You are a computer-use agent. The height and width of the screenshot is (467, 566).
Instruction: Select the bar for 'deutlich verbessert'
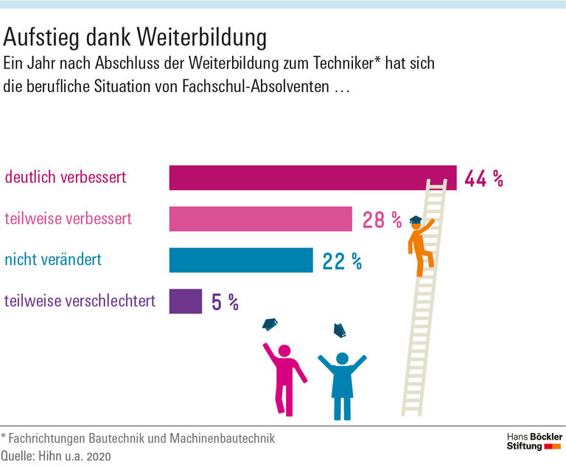coord(312,178)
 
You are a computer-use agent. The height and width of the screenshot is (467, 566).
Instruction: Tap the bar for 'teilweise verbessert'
coord(260,219)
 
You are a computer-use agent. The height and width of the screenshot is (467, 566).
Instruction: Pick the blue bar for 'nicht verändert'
coord(241,260)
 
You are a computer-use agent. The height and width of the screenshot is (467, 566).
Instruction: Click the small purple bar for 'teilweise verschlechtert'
coord(185,301)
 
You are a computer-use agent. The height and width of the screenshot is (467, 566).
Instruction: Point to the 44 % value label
coord(483,178)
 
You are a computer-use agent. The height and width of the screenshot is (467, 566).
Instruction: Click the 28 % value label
coord(382,220)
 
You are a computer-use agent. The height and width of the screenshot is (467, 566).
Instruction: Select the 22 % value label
coord(342,261)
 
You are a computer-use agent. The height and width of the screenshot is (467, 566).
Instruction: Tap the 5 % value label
coord(225,302)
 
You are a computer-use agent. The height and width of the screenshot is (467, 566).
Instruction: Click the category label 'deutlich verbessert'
coord(66,178)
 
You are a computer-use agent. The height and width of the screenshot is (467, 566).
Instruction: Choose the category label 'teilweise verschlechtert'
coord(80,301)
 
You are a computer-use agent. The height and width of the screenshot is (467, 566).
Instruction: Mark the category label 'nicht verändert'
coord(53,260)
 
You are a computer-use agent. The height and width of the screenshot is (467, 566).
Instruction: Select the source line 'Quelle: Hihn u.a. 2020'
coord(55,457)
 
